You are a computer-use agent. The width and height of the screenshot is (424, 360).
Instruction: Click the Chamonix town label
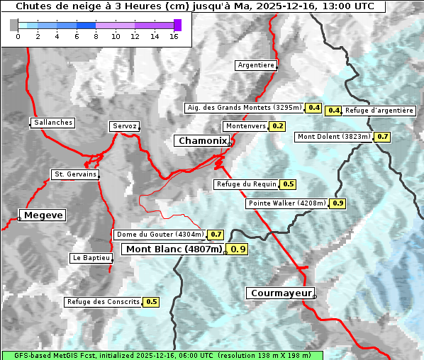point(201,141)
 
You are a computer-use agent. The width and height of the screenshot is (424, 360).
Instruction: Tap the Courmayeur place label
point(280,293)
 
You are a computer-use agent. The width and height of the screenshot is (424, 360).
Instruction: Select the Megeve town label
point(43,215)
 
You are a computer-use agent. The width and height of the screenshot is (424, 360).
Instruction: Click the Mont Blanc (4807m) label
point(174,249)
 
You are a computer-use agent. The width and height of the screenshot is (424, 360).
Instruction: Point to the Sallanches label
point(52,123)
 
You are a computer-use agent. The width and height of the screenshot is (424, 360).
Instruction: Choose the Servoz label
point(124,126)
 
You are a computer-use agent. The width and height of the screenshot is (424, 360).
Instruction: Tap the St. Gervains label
point(74,174)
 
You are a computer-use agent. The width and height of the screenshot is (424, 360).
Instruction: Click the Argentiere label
point(256,65)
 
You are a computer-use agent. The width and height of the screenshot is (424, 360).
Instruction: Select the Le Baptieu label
point(91,258)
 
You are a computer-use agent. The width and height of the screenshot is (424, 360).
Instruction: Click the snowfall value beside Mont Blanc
point(238,249)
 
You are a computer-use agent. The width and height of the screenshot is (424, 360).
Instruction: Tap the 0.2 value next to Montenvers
point(277,126)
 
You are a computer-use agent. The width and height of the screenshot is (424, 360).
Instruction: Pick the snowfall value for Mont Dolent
point(383,136)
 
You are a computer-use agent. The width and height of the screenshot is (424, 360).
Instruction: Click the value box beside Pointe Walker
point(337,203)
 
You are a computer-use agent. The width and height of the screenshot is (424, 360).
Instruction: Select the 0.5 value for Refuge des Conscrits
point(151,302)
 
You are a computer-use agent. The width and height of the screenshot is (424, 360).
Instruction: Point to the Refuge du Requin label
point(246,184)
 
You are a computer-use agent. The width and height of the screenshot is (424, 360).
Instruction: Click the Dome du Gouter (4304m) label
point(160,235)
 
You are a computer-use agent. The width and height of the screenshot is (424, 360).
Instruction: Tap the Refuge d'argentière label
point(379,111)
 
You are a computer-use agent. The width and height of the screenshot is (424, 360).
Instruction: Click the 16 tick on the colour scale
point(174,36)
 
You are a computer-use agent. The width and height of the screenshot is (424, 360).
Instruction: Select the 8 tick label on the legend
point(95,36)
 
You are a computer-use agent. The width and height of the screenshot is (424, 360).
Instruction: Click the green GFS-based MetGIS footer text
point(162,355)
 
